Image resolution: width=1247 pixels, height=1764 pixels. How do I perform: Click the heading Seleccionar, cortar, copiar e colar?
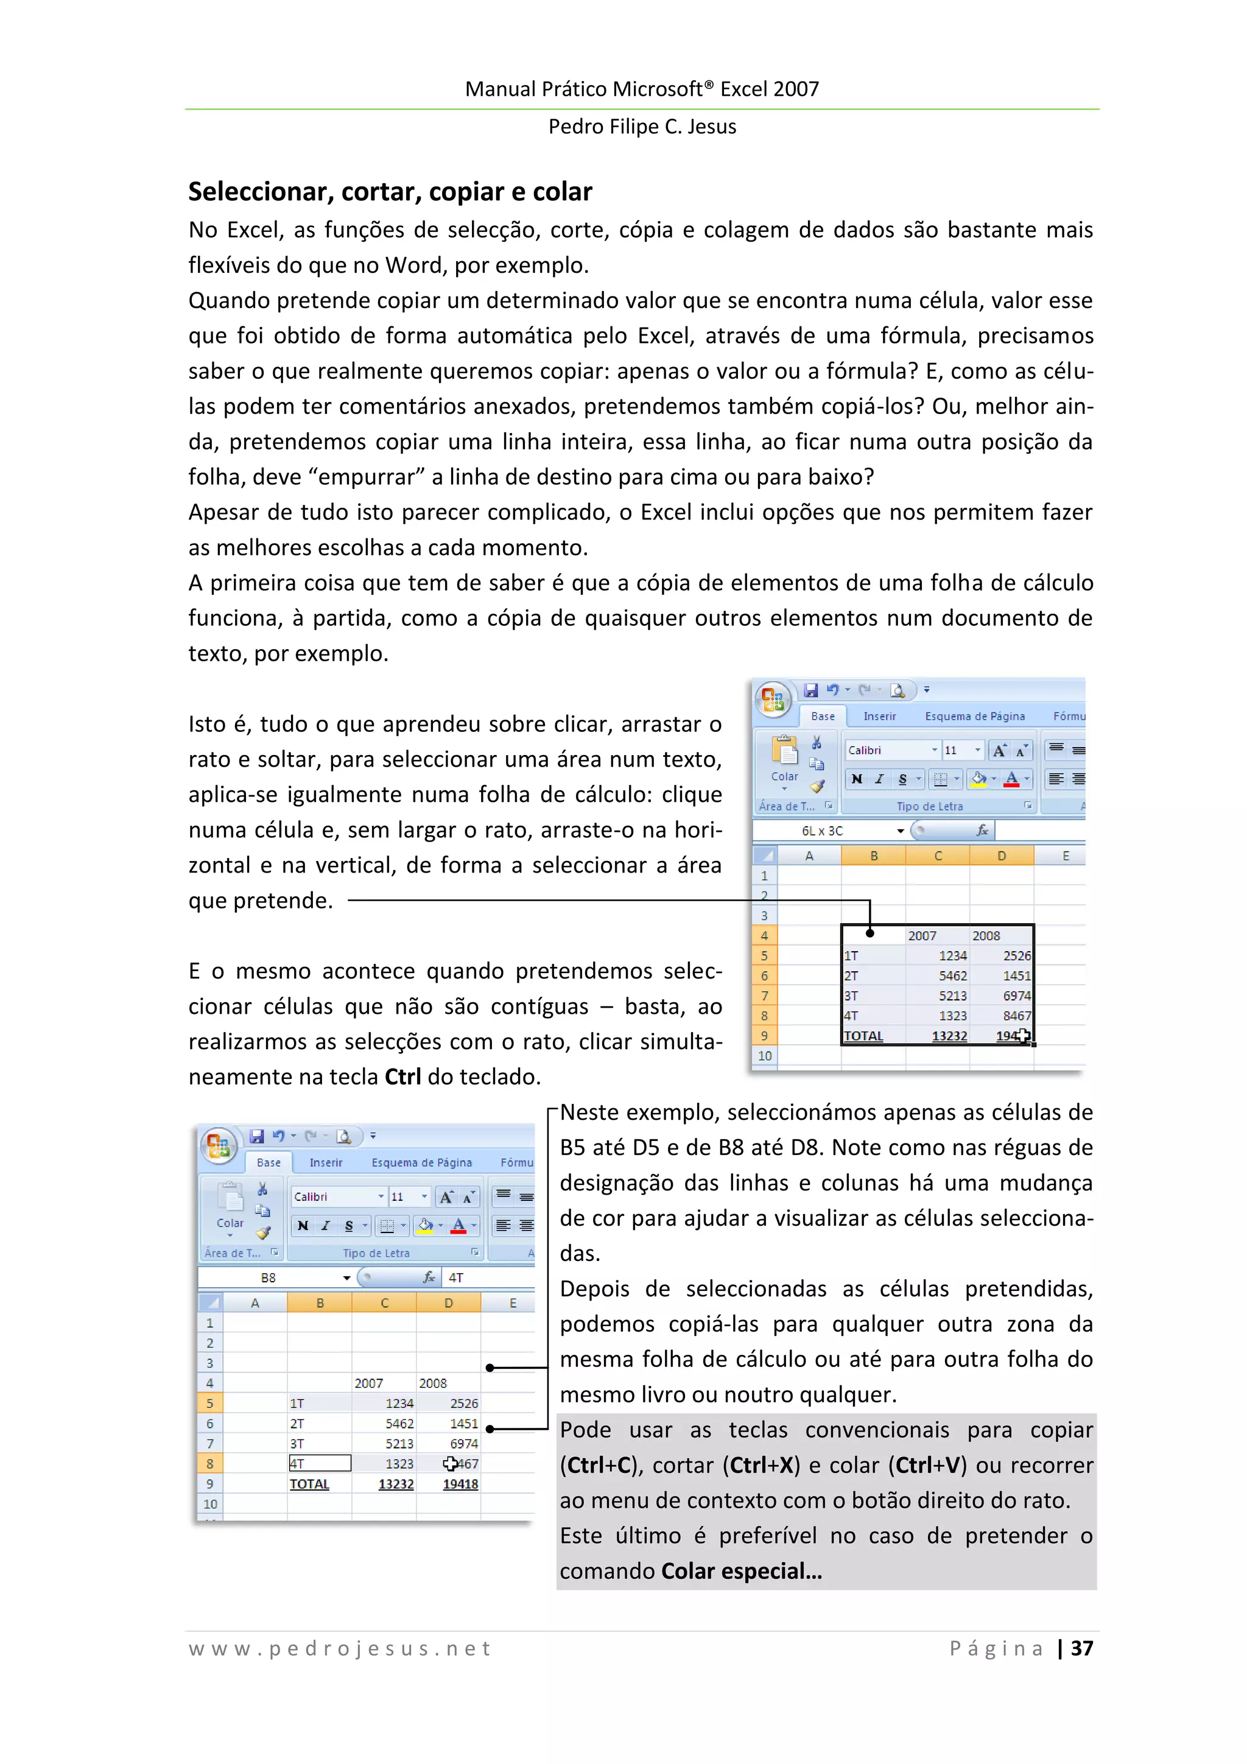coord(390,191)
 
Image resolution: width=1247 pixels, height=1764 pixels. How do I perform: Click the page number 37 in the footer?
coord(1082,1648)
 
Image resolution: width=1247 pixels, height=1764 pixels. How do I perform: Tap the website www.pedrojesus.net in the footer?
coord(340,1648)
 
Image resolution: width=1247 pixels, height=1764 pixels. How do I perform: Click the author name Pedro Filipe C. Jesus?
coord(642,126)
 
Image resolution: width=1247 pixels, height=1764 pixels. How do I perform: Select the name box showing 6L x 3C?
coord(822,831)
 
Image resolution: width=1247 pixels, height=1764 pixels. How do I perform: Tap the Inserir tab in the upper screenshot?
coord(879,716)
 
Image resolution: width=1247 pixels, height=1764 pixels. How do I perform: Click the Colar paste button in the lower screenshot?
coord(230,1206)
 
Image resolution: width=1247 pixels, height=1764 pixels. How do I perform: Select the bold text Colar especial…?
coord(742,1571)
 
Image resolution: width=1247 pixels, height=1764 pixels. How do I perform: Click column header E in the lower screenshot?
coord(513,1303)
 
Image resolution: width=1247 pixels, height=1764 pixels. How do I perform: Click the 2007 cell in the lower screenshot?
coord(369,1383)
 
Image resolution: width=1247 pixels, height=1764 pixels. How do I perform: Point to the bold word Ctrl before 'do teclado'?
coord(402,1077)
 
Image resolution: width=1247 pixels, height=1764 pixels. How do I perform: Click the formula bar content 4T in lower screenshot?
coord(457,1277)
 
